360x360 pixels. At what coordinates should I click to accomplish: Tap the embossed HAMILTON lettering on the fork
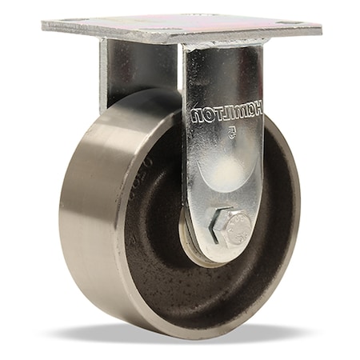pos(226,113)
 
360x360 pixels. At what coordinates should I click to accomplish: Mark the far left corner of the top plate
pos(44,26)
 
